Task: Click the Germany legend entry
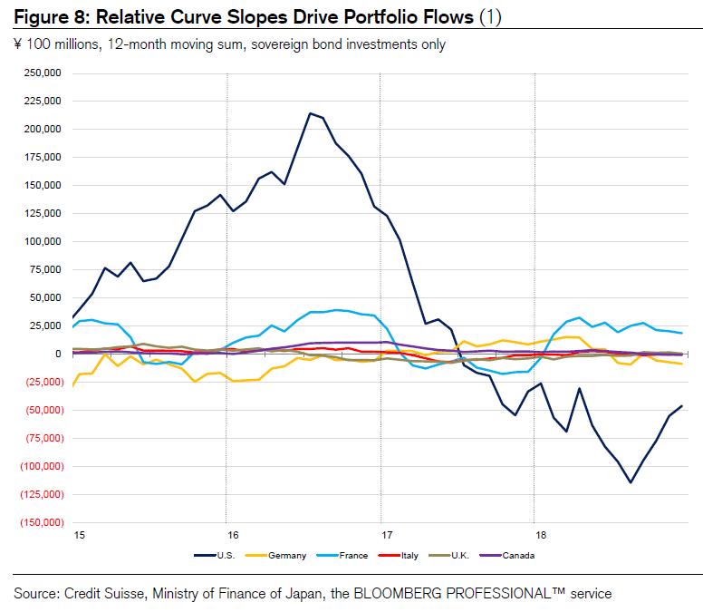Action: point(287,555)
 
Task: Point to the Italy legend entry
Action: point(409,555)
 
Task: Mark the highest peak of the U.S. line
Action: point(311,113)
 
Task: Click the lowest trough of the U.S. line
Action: point(631,482)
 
